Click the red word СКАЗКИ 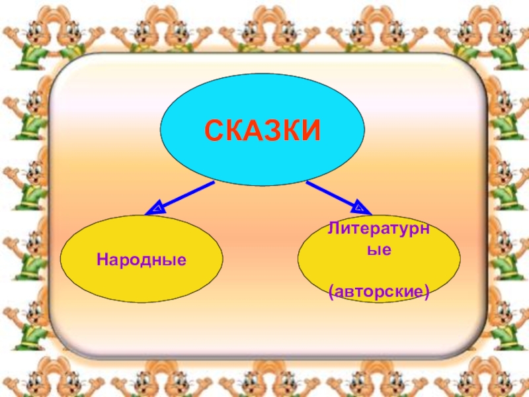point(263,130)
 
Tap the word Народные point(142,257)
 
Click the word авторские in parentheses point(379,290)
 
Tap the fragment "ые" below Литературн point(379,251)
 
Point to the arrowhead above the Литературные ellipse point(359,207)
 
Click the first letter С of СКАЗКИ point(214,130)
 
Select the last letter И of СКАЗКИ point(310,130)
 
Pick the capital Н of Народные point(102,257)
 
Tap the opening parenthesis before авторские point(331,290)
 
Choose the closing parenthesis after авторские point(427,290)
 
